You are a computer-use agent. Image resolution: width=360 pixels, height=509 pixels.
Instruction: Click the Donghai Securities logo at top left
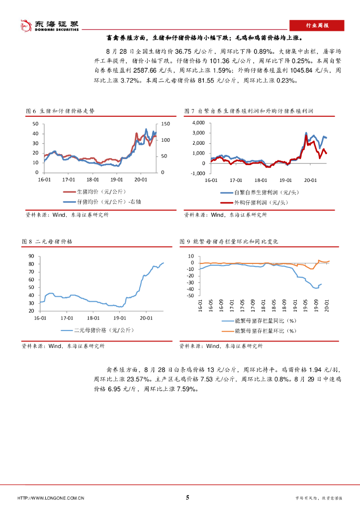[49, 25]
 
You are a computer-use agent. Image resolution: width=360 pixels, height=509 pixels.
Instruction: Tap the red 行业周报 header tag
[316, 25]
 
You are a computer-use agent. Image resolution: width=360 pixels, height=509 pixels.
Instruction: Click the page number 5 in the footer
[187, 498]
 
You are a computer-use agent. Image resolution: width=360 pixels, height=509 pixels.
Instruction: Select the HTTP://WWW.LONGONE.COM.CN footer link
[50, 498]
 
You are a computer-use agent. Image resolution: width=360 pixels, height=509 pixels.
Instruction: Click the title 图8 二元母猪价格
[47, 241]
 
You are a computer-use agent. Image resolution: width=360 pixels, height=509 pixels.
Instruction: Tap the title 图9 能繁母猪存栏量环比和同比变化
[229, 241]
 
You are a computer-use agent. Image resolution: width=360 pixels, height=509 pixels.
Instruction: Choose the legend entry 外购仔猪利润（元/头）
[259, 202]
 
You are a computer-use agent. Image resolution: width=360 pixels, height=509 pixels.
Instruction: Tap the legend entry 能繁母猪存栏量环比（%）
[265, 330]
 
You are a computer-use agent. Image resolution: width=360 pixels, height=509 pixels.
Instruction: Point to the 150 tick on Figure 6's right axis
[165, 124]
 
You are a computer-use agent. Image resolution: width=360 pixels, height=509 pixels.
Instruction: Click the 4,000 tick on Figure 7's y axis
[198, 122]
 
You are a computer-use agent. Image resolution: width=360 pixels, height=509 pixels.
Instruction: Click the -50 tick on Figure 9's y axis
[189, 296]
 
